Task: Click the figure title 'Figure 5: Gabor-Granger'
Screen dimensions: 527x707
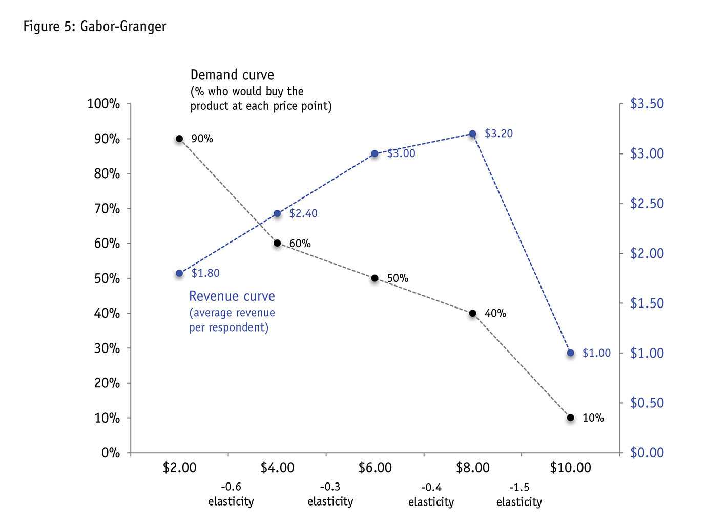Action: [x=95, y=27]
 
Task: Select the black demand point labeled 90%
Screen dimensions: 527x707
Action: [x=179, y=139]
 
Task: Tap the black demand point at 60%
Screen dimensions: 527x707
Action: [x=277, y=243]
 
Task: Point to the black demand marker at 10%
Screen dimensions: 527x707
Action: [x=571, y=418]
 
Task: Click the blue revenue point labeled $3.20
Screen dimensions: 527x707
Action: [x=473, y=134]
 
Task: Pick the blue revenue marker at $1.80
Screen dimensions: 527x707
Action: [x=179, y=274]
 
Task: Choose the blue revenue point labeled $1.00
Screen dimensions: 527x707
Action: [x=571, y=353]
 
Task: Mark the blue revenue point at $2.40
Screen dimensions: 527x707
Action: [x=277, y=213]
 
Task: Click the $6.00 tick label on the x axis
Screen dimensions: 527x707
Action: [x=375, y=468]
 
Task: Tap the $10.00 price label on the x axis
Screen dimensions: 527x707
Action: [x=570, y=468]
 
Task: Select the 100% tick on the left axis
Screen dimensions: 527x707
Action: [x=103, y=104]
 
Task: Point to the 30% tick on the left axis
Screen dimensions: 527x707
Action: [x=107, y=348]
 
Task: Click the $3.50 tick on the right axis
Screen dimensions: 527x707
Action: [x=647, y=104]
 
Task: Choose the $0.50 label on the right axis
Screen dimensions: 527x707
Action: [x=647, y=403]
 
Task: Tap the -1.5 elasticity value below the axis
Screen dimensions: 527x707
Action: [x=519, y=487]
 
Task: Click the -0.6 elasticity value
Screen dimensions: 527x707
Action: [x=231, y=487]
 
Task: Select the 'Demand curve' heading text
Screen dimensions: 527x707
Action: [x=232, y=75]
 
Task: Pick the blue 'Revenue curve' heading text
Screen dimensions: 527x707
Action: [x=232, y=296]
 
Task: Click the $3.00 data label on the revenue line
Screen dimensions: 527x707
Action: [x=401, y=153]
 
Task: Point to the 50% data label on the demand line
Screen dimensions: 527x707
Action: [x=398, y=278]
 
